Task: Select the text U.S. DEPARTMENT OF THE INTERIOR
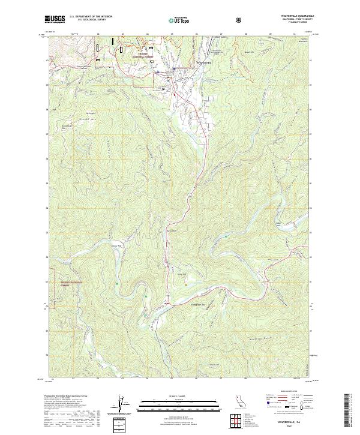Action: (x=91, y=17)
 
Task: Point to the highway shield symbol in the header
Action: (x=240, y=19)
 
